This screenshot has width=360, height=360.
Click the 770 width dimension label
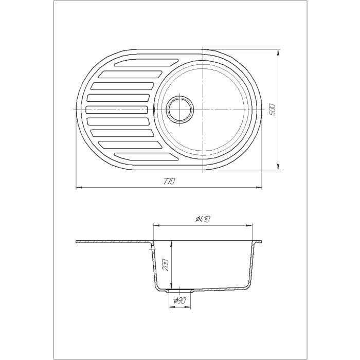(169, 181)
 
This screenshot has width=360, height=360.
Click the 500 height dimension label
(272, 110)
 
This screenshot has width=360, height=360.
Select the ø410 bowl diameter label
(203, 220)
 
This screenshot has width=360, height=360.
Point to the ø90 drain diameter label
(180, 300)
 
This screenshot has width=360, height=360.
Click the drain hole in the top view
(180, 110)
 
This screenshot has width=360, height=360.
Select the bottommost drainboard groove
(147, 156)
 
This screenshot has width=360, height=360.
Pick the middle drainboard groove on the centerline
(116, 110)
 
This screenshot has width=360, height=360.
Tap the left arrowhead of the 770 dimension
(78, 187)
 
